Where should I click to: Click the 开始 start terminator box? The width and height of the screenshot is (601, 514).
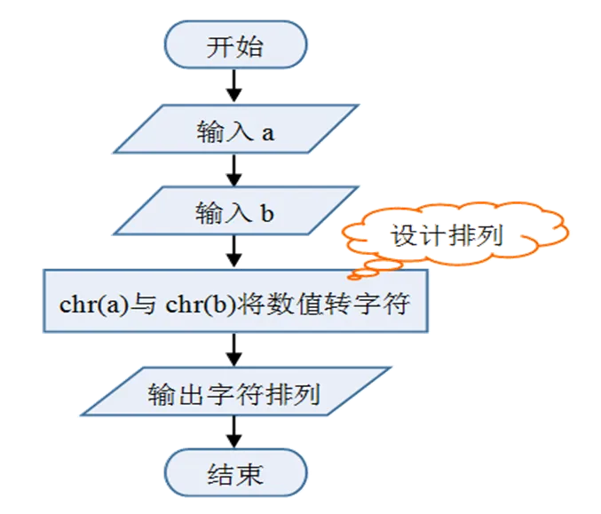pyautogui.click(x=234, y=46)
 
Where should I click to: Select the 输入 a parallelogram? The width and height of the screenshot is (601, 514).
pyautogui.click(x=234, y=132)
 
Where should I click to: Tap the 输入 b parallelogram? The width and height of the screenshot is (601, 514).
pyautogui.click(x=234, y=213)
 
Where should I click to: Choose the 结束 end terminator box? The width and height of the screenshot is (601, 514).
pyautogui.click(x=234, y=474)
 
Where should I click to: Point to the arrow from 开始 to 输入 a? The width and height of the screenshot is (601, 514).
pyautogui.click(x=234, y=86)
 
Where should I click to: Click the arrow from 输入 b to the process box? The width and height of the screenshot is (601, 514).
pyautogui.click(x=234, y=250)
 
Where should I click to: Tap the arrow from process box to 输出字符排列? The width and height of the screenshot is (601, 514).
pyautogui.click(x=234, y=349)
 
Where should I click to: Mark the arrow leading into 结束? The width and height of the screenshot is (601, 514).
pyautogui.click(x=234, y=433)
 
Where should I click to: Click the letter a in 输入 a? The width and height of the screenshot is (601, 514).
pyautogui.click(x=267, y=133)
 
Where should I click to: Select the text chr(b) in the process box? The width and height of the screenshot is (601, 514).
pyautogui.click(x=197, y=302)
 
